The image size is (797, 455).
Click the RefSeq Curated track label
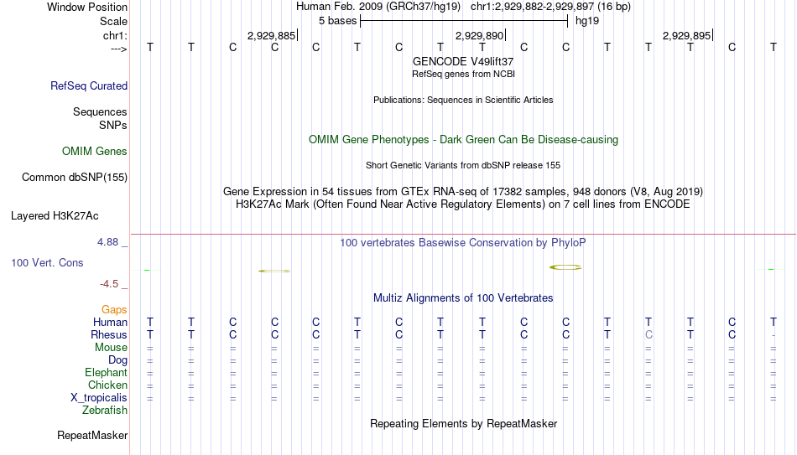(x=89, y=85)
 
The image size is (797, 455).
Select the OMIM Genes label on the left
(x=95, y=152)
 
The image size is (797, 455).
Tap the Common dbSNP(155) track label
(x=75, y=178)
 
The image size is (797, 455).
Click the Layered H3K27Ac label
(x=55, y=216)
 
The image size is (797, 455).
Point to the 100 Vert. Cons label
(x=47, y=262)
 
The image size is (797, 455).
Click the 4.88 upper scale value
(x=107, y=242)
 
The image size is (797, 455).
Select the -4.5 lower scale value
(x=109, y=284)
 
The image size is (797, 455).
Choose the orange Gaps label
(x=114, y=310)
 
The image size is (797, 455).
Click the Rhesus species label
(x=109, y=334)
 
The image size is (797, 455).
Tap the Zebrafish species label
(x=105, y=410)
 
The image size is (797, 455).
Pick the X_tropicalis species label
(x=99, y=398)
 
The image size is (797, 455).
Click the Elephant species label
(x=107, y=372)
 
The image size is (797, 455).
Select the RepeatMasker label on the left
(x=92, y=435)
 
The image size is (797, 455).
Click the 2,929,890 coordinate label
(x=479, y=35)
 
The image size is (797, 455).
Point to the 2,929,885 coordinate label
(x=272, y=35)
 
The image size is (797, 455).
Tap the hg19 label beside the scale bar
(x=587, y=21)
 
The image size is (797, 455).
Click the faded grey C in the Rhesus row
(x=649, y=334)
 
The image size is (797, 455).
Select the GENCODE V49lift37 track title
(x=463, y=61)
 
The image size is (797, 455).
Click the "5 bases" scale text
(x=337, y=21)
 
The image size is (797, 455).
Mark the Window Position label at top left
(x=87, y=7)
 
